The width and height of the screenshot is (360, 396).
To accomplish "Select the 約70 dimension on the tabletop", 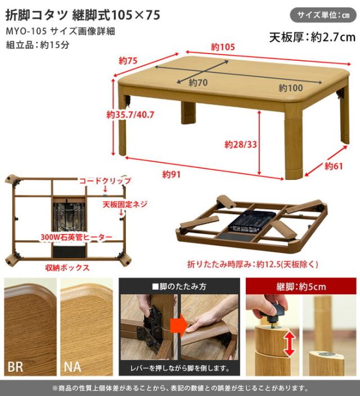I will coord(199,83).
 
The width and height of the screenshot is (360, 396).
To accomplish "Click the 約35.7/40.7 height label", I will coord(130,115).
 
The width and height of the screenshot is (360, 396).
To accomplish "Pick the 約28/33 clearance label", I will coord(241,145).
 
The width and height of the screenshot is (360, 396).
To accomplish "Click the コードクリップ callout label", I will coord(105,181).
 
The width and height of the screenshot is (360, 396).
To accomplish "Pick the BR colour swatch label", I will coord(16,366).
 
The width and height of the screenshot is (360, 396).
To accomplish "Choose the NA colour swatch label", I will coord(73,366).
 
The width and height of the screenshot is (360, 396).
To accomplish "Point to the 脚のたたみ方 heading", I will coord(179,286).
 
